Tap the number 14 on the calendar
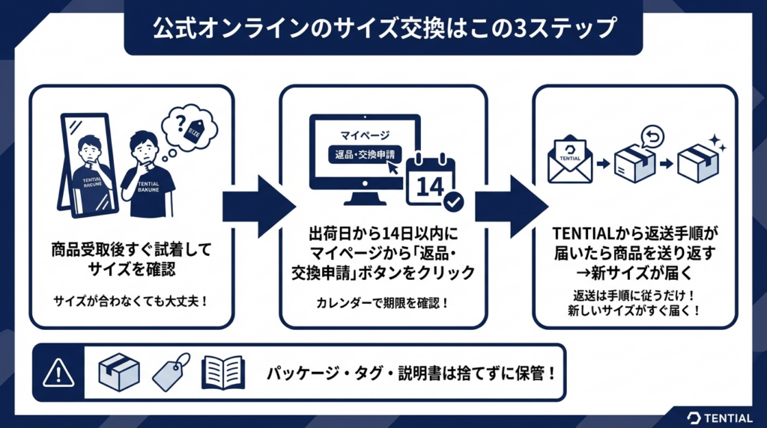pyautogui.click(x=429, y=186)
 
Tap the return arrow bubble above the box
pyautogui.click(x=652, y=135)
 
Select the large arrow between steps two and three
pyautogui.click(x=511, y=207)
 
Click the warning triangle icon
pyautogui.click(x=57, y=372)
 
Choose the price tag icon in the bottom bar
pyautogui.click(x=171, y=372)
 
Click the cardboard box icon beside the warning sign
pyautogui.click(x=119, y=372)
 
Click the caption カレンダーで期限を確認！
pyautogui.click(x=383, y=304)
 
